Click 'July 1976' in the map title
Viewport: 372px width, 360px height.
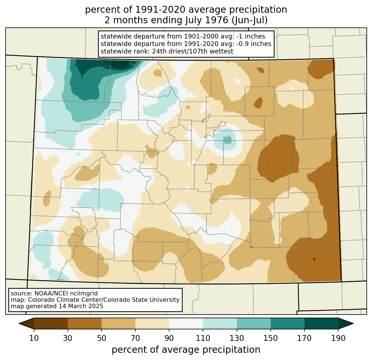click(207, 20)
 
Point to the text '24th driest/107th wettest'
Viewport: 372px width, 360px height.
click(192, 51)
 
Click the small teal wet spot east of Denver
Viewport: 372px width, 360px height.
click(227, 140)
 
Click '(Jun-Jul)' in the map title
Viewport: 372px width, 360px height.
click(249, 20)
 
